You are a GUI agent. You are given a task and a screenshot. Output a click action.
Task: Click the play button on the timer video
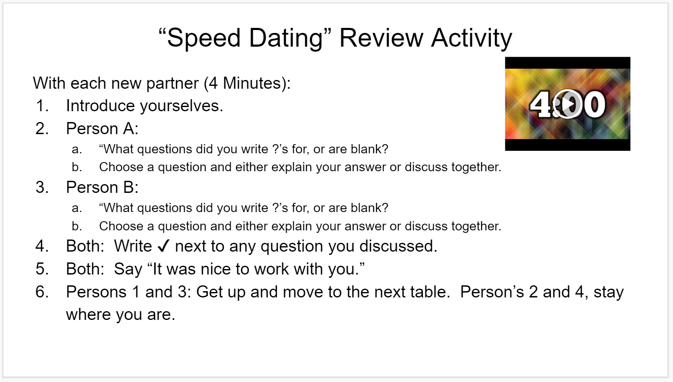[567, 104]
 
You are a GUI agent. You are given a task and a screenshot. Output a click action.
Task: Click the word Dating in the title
[286, 38]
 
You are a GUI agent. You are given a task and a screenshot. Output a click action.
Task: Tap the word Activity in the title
[472, 38]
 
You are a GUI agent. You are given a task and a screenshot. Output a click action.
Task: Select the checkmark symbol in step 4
[164, 246]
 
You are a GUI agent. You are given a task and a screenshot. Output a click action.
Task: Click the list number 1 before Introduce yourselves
[42, 106]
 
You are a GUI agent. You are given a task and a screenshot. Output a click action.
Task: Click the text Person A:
[102, 128]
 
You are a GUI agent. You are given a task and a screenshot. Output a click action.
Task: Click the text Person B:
[102, 187]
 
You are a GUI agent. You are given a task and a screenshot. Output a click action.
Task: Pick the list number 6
[42, 292]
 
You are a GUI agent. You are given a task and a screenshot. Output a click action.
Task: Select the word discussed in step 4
[398, 246]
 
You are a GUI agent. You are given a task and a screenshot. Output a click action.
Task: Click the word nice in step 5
[216, 269]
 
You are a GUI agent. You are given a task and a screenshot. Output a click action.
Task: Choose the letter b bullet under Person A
[77, 167]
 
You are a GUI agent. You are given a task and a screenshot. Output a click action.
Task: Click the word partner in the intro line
[172, 83]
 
